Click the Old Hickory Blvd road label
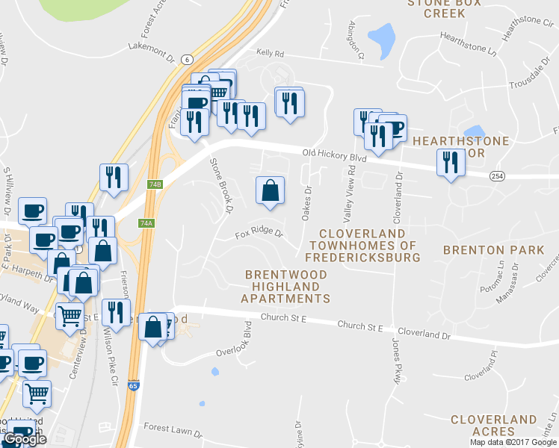coord(334,158)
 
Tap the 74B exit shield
coord(155,184)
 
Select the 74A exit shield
coord(146,223)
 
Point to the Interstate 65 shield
coord(133,407)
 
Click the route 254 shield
coord(498,175)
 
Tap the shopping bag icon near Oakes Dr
coord(270,190)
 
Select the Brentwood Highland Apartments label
coord(286,287)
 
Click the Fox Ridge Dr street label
coord(259,234)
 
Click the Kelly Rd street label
coord(271,54)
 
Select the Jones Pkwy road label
coord(396,361)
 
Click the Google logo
coord(24,439)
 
